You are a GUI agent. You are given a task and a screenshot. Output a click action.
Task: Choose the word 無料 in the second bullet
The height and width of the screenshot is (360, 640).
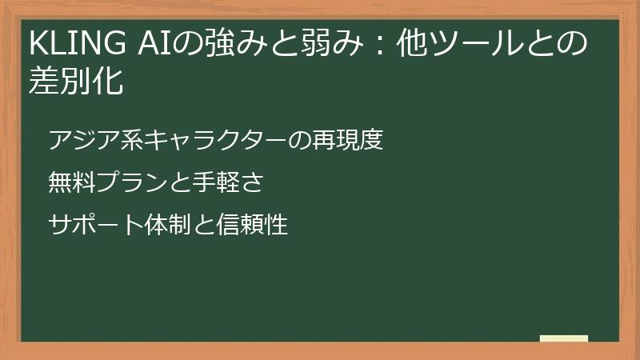71,183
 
